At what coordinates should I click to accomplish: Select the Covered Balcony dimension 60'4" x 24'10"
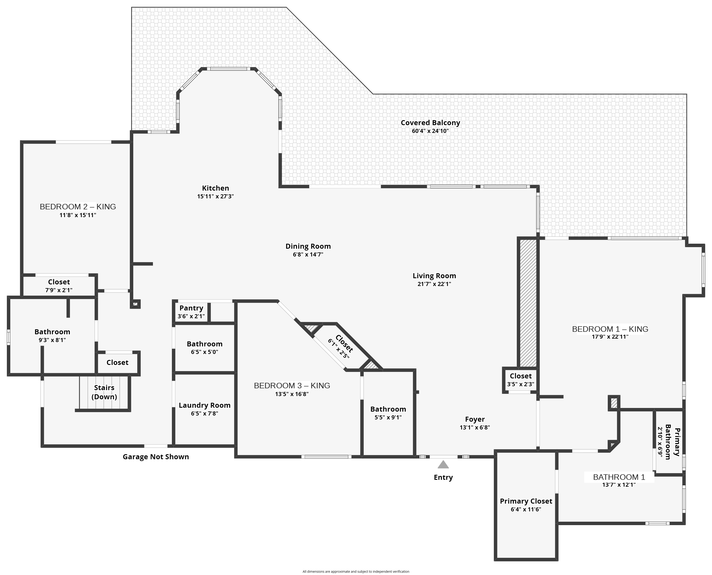(x=430, y=131)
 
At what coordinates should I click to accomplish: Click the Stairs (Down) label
(x=104, y=392)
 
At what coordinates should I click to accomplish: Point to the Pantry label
(x=191, y=308)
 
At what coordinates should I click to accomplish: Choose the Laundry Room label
(x=205, y=405)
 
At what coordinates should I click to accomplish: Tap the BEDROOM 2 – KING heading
(x=78, y=207)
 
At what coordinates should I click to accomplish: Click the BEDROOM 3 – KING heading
(x=292, y=386)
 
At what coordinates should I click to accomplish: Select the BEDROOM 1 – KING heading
(x=610, y=329)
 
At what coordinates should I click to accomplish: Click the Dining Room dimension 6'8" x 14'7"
(x=308, y=254)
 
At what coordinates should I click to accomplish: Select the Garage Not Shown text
(x=156, y=457)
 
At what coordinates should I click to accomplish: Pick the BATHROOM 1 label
(x=619, y=477)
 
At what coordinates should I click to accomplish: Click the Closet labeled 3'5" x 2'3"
(x=520, y=376)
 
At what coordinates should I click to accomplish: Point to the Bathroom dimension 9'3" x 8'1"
(x=52, y=340)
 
